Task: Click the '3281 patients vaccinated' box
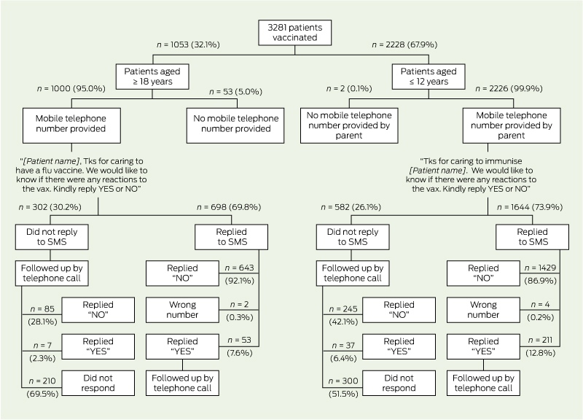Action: click(295, 33)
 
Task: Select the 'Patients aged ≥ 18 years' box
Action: click(152, 77)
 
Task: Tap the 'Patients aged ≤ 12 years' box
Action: click(429, 77)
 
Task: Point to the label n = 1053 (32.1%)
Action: click(188, 44)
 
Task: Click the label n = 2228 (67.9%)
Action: click(404, 44)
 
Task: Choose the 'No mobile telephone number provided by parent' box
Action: click(349, 125)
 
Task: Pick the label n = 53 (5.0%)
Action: click(235, 92)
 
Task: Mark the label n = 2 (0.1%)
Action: click(349, 88)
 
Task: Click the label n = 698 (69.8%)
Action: click(229, 207)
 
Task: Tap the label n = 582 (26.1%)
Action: click(351, 207)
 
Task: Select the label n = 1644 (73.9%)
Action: click(530, 207)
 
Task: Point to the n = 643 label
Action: click(239, 268)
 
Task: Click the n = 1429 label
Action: click(540, 268)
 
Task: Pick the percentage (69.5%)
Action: click(42, 394)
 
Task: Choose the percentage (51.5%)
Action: click(343, 394)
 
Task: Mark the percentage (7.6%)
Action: click(240, 353)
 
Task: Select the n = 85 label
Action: click(42, 308)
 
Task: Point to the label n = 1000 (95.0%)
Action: click(71, 88)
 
